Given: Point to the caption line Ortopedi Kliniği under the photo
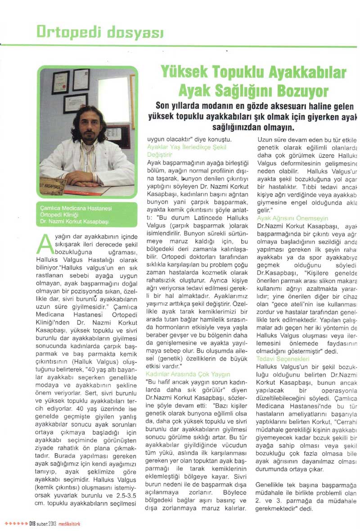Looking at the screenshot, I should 56,215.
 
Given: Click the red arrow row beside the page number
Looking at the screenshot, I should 16,524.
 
